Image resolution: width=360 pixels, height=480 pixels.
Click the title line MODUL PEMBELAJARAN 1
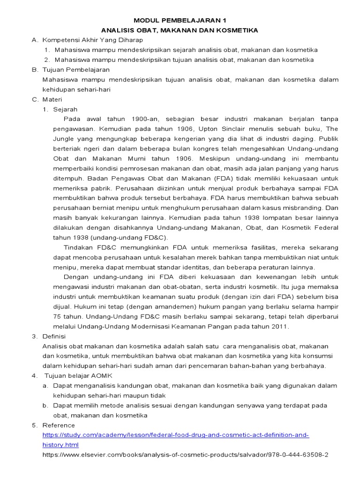pos(180,21)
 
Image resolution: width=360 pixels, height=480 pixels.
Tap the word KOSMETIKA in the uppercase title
pos(234,30)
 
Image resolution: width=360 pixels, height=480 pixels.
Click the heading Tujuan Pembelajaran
pos(76,70)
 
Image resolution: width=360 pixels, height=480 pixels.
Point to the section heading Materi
pos(52,99)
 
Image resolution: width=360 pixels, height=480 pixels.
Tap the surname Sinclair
pos(235,129)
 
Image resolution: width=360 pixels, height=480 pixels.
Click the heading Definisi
pos(54,337)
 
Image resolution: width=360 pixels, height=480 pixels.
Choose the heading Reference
pos(59,425)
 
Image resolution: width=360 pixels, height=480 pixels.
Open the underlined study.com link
pos(175,435)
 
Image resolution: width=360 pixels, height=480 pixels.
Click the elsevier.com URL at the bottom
pos(185,455)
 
